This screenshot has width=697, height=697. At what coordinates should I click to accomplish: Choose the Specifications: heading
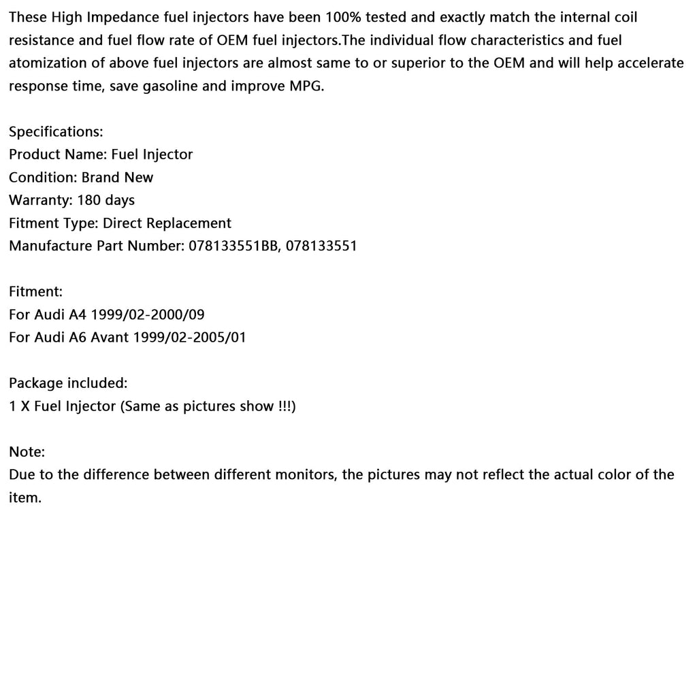coord(56,132)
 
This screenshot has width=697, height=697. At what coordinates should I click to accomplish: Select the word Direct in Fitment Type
coord(124,223)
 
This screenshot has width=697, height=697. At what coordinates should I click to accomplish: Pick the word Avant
coord(109,338)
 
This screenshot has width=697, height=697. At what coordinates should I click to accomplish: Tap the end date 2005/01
coord(221,338)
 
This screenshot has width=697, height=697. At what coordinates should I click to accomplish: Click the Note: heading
coord(27,452)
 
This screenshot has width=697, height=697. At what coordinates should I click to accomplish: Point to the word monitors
coord(304,474)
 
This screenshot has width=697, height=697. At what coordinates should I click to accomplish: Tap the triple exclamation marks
coord(286,406)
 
